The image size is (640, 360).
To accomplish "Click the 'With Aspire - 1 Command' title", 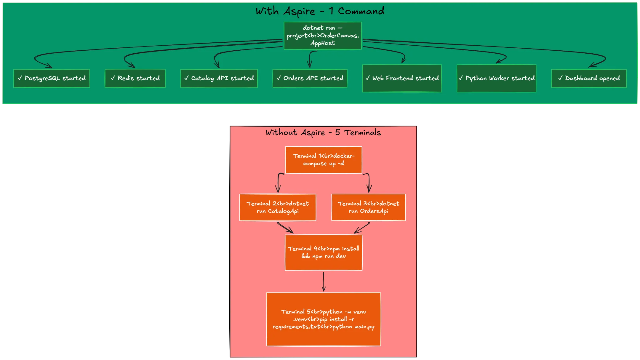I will pyautogui.click(x=320, y=11).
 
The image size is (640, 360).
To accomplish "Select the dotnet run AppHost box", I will pyautogui.click(x=323, y=36).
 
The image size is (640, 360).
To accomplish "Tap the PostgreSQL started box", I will pyautogui.click(x=52, y=78).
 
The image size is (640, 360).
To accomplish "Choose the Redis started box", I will pyautogui.click(x=135, y=78).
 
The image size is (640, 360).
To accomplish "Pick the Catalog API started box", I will pyautogui.click(x=219, y=78).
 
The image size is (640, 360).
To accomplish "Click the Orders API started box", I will pyautogui.click(x=310, y=78).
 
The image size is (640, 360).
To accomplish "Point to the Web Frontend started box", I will pyautogui.click(x=402, y=78).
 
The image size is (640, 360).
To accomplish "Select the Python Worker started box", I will pyautogui.click(x=497, y=78).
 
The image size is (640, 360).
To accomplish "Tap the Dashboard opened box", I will pyautogui.click(x=589, y=78).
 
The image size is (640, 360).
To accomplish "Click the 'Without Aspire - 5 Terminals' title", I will pyautogui.click(x=323, y=132).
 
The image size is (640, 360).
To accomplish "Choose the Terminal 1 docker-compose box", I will pyautogui.click(x=324, y=160).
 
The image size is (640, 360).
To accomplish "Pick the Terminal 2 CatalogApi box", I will pyautogui.click(x=278, y=207).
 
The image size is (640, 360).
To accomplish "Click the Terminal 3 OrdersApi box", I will pyautogui.click(x=369, y=207).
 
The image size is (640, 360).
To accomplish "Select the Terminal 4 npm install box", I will pyautogui.click(x=324, y=252).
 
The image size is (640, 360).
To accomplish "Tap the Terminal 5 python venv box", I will pyautogui.click(x=324, y=319).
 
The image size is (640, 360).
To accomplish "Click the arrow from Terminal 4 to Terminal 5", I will pyautogui.click(x=324, y=281).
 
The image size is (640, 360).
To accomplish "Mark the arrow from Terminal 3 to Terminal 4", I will pyautogui.click(x=362, y=228).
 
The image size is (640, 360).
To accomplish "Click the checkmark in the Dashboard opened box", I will pyautogui.click(x=560, y=78).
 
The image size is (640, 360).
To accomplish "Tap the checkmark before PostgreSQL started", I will pyautogui.click(x=20, y=78).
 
